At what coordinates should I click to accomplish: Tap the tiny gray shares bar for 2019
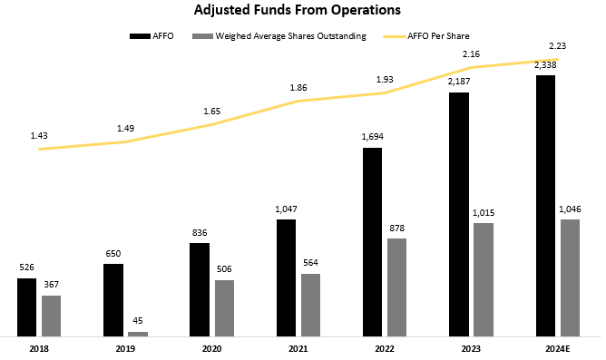[x=137, y=334]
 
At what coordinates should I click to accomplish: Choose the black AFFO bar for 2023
[x=459, y=214]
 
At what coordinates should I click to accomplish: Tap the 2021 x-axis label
[x=299, y=347]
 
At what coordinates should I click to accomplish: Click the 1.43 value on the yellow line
[x=39, y=135]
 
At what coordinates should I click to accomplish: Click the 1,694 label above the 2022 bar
[x=373, y=138]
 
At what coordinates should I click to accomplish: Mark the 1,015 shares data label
[x=484, y=214]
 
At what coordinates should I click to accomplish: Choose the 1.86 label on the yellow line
[x=298, y=86]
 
